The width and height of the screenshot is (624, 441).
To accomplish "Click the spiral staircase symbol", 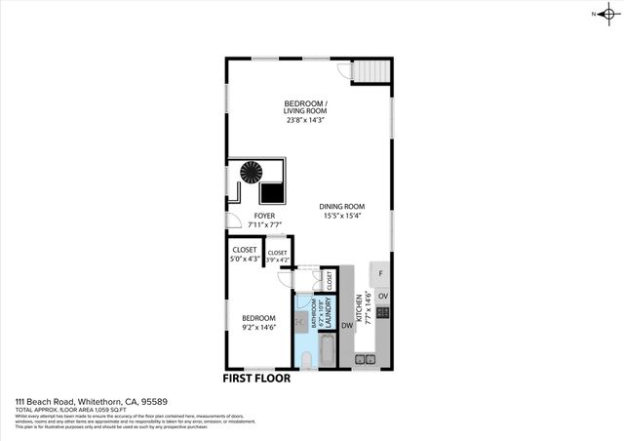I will (253, 174).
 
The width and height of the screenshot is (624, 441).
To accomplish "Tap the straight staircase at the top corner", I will (370, 71).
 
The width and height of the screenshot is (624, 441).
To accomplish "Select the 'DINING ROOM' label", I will (342, 206).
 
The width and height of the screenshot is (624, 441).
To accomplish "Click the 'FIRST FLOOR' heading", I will (256, 378).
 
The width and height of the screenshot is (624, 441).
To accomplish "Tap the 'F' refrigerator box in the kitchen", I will (380, 274).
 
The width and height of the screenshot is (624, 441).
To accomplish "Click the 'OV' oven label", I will (383, 296).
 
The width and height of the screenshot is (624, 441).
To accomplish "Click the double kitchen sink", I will (366, 359).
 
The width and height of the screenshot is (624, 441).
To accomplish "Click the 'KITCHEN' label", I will (359, 308).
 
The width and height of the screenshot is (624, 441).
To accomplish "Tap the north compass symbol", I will (606, 14).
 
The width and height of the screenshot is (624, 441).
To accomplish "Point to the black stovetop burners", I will (383, 313).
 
